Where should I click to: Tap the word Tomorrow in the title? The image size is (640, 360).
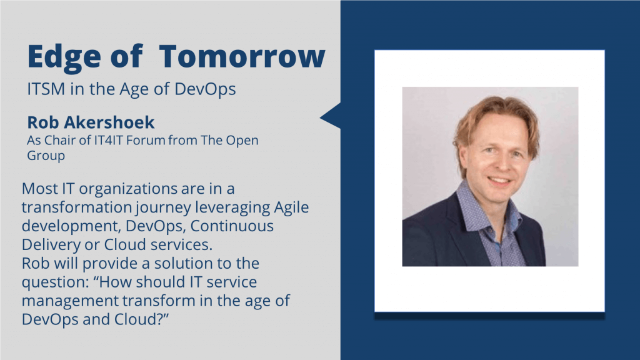(242, 56)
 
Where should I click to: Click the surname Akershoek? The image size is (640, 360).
(108, 122)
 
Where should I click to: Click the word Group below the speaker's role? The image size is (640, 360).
(46, 156)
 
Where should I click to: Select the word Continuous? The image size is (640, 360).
(232, 226)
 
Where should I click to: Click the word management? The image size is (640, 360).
(70, 301)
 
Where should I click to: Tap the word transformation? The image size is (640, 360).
(76, 207)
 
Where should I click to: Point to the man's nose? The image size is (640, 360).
(499, 162)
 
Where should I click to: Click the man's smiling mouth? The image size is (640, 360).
(499, 180)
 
